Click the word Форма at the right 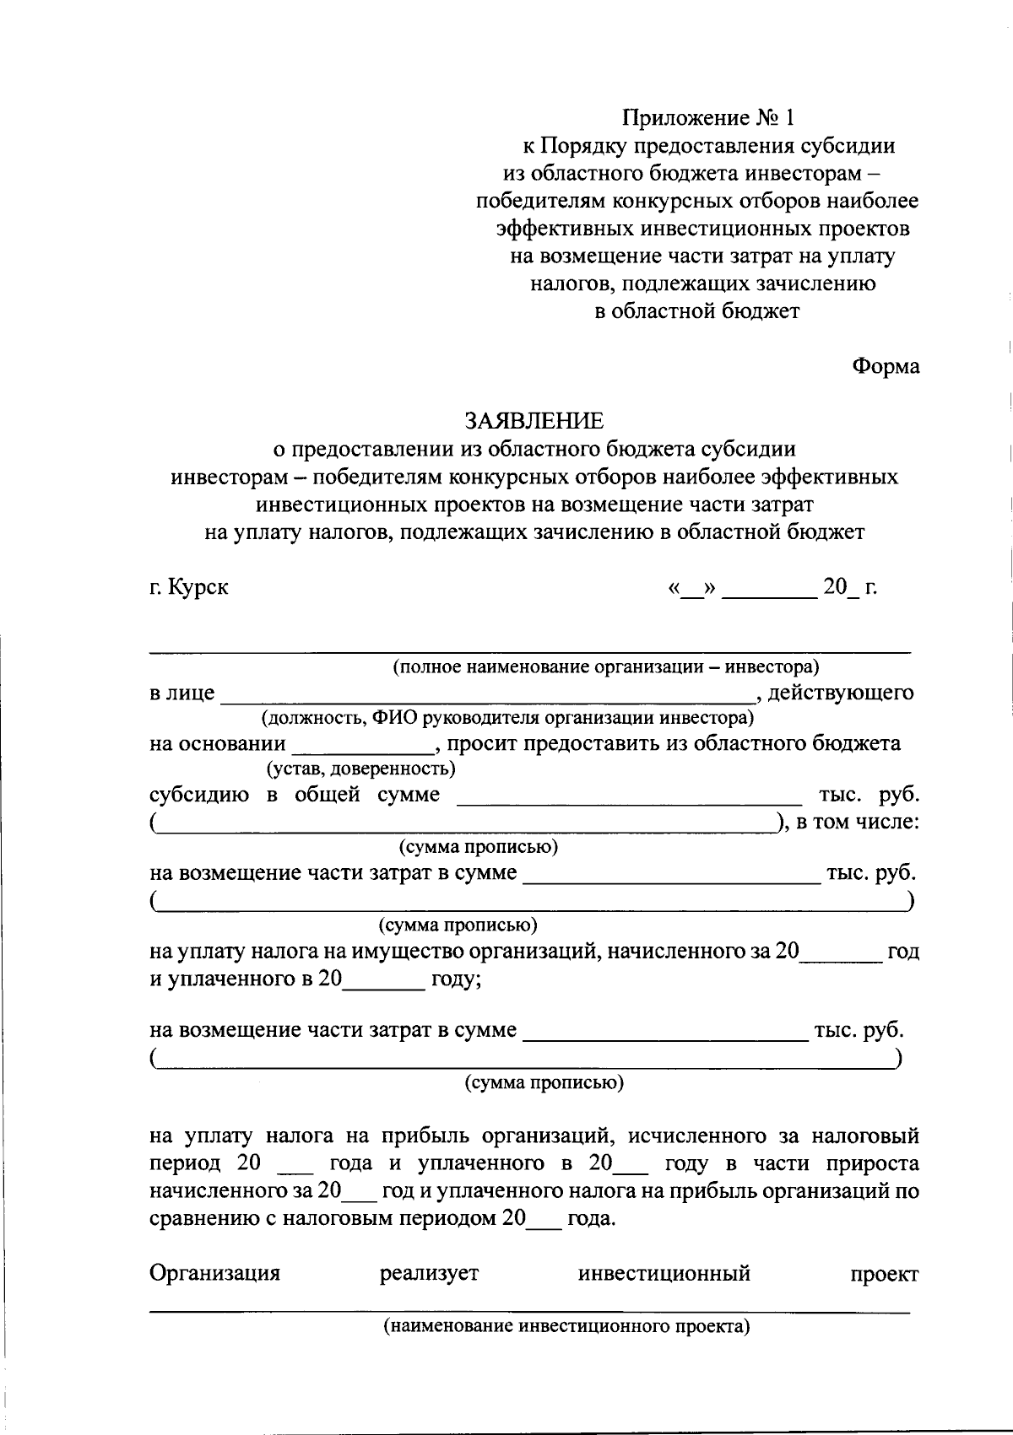[886, 366]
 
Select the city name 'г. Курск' [189, 586]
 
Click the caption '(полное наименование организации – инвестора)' [606, 666]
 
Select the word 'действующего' [841, 693]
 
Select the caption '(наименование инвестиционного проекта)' [567, 1325]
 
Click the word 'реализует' [429, 1273]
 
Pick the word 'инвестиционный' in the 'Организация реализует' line [664, 1273]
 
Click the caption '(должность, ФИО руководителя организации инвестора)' [506, 718]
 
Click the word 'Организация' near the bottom [214, 1273]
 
